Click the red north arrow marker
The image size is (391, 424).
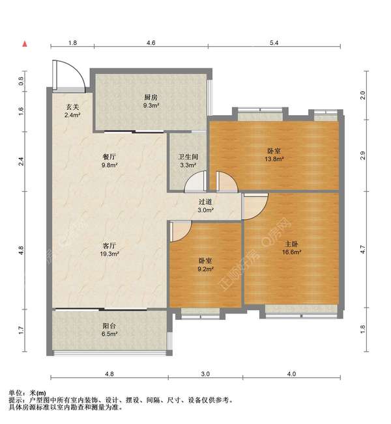point(25,44)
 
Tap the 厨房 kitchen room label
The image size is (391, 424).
point(151,98)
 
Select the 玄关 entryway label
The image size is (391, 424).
point(72,107)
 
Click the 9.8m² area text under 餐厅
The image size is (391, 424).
point(109,165)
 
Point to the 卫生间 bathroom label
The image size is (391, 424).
point(188,157)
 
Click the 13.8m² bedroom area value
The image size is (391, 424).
point(274,159)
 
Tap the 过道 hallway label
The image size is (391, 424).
point(205,202)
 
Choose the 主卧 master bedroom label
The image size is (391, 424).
point(291,244)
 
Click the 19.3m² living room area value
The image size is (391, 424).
point(109,254)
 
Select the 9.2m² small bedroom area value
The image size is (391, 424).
point(205,269)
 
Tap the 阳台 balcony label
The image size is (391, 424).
point(109,326)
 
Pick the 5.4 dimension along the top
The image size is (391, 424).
point(274,43)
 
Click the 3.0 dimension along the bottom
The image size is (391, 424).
point(205,374)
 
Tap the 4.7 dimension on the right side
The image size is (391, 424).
point(363,249)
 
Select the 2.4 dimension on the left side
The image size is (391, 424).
point(21,161)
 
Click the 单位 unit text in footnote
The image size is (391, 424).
point(15,393)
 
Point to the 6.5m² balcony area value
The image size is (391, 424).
point(109,334)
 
